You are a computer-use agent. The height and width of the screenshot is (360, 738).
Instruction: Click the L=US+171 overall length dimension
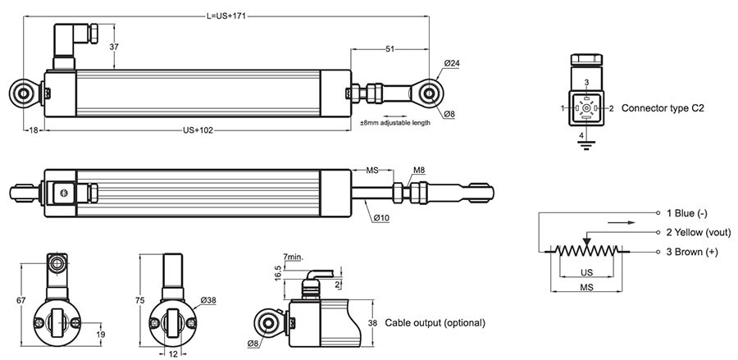tap(226, 16)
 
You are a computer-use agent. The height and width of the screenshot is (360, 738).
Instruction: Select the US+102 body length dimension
tap(198, 130)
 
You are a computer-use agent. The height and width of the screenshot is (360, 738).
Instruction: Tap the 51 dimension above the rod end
tap(389, 48)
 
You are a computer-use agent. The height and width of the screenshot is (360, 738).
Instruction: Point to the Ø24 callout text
tap(452, 63)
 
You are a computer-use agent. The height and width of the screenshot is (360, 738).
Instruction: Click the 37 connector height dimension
tap(114, 47)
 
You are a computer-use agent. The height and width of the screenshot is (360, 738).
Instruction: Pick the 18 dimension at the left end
tap(34, 130)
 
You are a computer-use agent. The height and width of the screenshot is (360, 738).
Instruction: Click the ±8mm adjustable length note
tap(395, 123)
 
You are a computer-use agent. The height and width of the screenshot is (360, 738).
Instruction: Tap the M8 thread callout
tap(419, 170)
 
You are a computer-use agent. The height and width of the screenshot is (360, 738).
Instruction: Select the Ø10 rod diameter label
tap(381, 218)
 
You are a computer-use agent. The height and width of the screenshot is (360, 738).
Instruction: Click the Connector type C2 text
tap(663, 108)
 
